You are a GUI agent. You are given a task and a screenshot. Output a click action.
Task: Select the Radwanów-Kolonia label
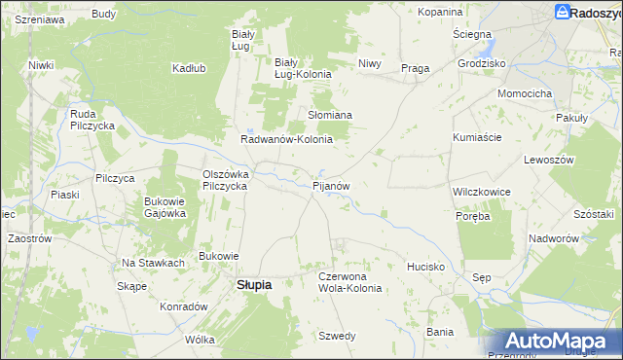(x=287, y=139)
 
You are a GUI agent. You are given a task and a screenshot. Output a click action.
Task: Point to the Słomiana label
(x=330, y=114)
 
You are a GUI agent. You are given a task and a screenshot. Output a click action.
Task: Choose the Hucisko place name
(x=426, y=266)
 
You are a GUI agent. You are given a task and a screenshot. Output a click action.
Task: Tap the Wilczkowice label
(x=482, y=192)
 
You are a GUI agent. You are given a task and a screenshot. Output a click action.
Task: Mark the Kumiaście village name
(x=477, y=137)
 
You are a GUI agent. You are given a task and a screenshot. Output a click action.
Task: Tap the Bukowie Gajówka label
(x=165, y=207)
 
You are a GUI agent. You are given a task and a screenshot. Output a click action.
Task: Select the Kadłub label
(x=188, y=68)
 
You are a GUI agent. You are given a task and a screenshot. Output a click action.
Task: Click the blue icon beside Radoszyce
(x=563, y=12)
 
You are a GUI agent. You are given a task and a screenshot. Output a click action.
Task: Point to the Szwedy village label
(x=338, y=336)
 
